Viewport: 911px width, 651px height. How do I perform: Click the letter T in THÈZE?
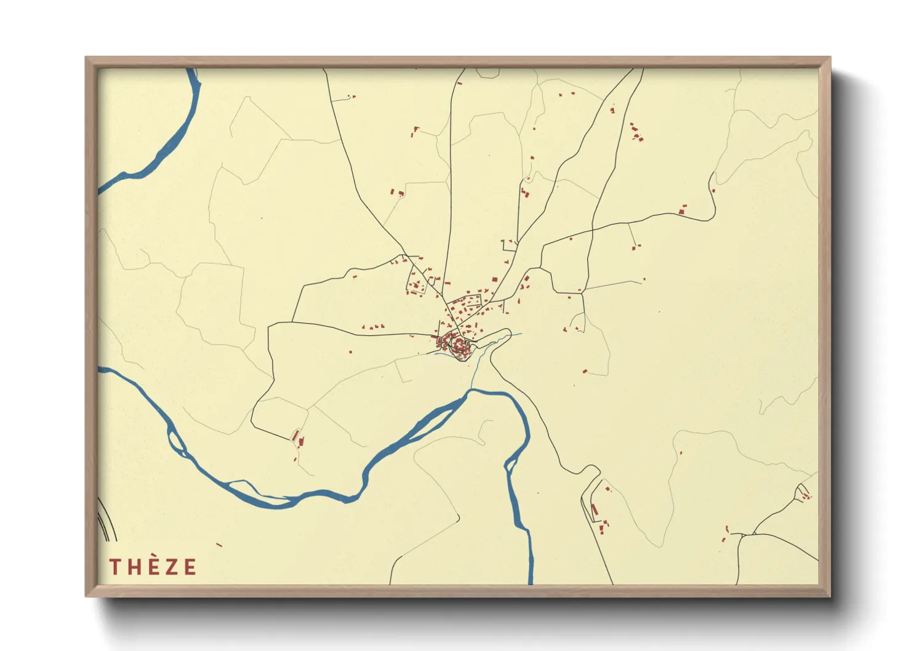114,567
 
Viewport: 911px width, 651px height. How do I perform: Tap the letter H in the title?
134,567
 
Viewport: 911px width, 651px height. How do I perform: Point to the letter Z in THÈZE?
171,567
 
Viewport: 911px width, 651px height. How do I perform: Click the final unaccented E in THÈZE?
189,567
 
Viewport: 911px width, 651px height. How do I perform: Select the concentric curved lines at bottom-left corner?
106,520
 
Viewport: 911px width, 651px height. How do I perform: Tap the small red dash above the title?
219,545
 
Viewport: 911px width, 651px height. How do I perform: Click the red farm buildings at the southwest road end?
297,438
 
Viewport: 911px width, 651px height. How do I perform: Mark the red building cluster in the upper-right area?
636,132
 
